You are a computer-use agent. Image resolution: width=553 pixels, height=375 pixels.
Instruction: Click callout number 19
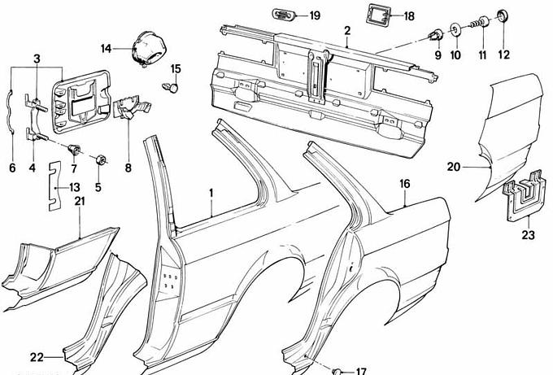(x=314, y=15)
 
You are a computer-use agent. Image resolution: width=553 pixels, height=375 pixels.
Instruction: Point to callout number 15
(x=176, y=68)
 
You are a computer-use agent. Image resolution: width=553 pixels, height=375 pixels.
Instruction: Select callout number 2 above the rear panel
(x=346, y=30)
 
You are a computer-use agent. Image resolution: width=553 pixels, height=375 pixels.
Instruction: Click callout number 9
(x=438, y=55)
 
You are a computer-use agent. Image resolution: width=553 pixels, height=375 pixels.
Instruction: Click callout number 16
(x=404, y=185)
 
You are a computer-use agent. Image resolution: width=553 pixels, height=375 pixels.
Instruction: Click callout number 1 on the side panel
(x=211, y=193)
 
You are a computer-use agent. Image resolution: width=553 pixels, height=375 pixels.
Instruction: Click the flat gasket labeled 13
(x=54, y=185)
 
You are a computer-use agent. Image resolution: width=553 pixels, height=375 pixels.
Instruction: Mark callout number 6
(x=12, y=168)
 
